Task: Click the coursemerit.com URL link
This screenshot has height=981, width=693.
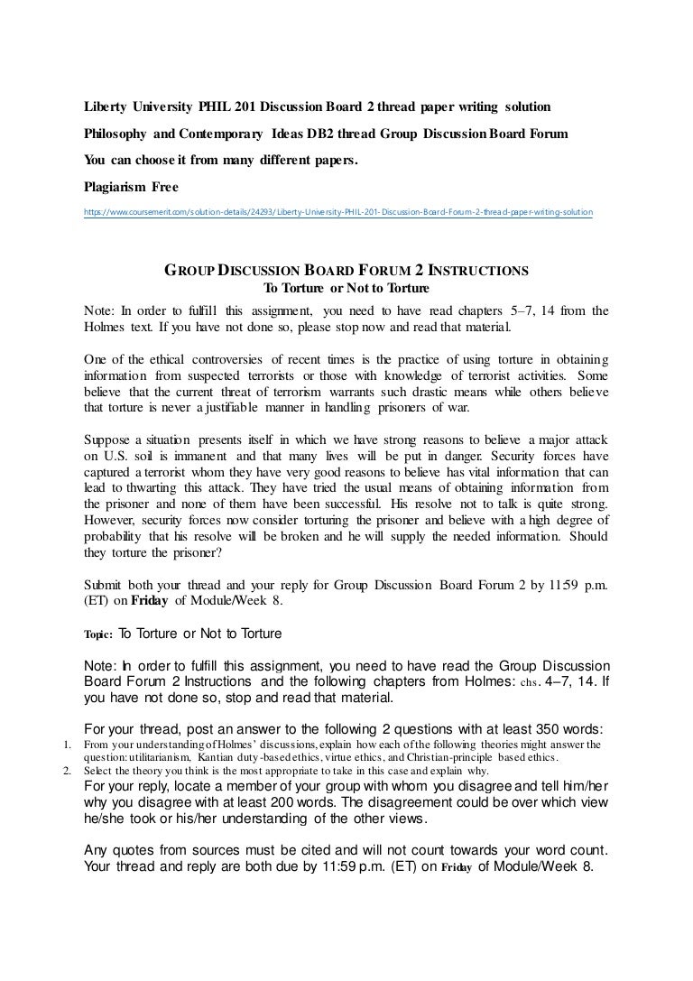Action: click(x=337, y=213)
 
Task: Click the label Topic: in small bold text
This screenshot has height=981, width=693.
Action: click(x=98, y=634)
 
